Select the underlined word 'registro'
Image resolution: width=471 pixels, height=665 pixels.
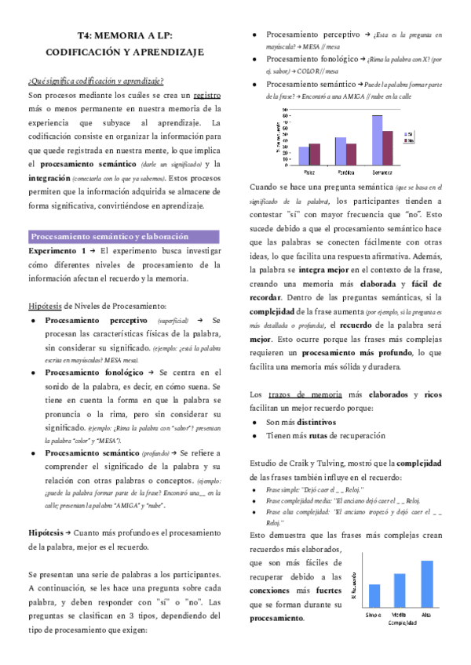(206, 94)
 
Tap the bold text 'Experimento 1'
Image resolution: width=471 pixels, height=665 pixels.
(57, 250)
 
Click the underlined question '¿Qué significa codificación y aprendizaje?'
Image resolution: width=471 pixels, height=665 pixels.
(96, 80)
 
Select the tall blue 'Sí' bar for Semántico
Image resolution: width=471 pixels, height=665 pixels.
(378, 140)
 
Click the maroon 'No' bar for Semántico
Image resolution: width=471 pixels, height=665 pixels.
(387, 148)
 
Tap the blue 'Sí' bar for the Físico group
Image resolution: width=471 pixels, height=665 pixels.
(305, 156)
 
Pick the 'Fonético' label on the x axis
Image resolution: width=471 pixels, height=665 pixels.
(345, 170)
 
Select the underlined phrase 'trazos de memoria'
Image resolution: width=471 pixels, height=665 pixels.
(292, 394)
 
